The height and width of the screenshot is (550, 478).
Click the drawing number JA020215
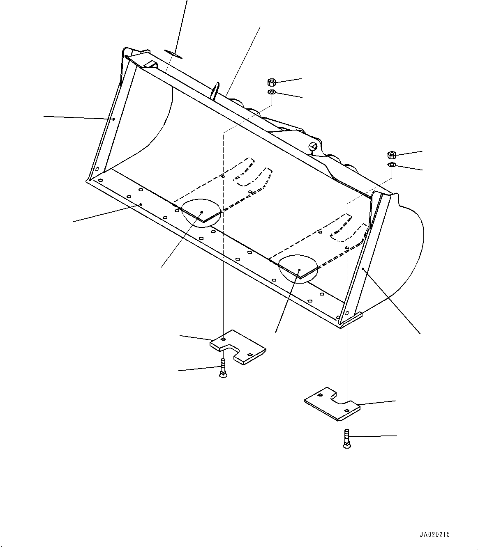[435, 535]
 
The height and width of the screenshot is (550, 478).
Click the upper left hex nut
[271, 81]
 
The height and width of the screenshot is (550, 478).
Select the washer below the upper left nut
[271, 92]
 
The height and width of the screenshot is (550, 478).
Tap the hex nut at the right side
[392, 155]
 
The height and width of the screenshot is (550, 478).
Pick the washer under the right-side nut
[392, 165]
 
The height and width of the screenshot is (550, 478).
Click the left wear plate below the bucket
[238, 347]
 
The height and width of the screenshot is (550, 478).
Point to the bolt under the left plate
[223, 368]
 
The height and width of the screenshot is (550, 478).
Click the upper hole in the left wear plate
[223, 339]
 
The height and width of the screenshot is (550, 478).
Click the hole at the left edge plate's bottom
[97, 169]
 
